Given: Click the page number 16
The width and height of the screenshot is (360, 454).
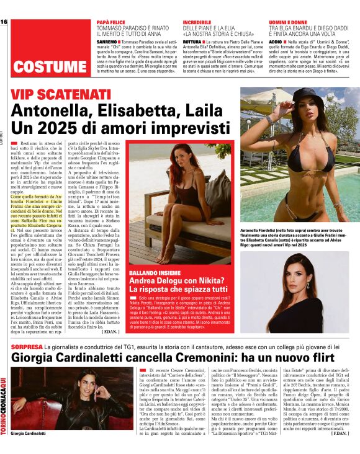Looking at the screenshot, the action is click(x=4, y=22).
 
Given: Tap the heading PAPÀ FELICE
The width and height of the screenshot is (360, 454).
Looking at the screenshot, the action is click(x=112, y=22).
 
